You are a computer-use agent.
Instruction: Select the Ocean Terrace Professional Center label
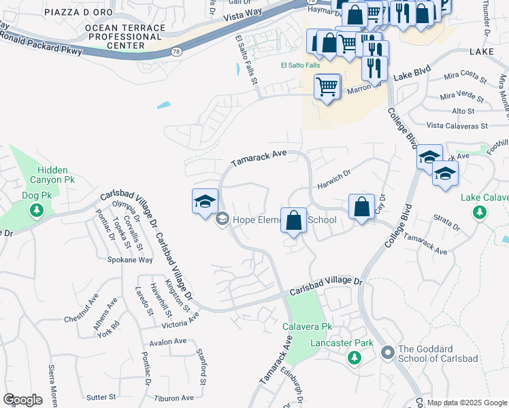click(x=125, y=37)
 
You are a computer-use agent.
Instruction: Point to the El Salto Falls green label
click(x=299, y=66)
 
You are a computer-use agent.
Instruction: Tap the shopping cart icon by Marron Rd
click(x=327, y=88)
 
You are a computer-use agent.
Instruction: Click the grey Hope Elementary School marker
click(x=222, y=220)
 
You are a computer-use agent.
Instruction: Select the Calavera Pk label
click(x=307, y=327)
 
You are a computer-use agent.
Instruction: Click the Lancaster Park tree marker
click(x=352, y=357)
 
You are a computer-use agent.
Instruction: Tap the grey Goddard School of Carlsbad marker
click(x=388, y=352)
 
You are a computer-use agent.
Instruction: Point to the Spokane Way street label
click(x=130, y=260)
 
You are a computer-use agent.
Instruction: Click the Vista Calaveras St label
click(x=457, y=126)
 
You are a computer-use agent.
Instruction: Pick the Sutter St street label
click(x=101, y=396)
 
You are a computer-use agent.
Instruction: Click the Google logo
click(x=22, y=400)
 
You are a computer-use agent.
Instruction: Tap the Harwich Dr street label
click(x=333, y=180)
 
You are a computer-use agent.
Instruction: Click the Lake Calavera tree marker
click(x=480, y=212)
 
